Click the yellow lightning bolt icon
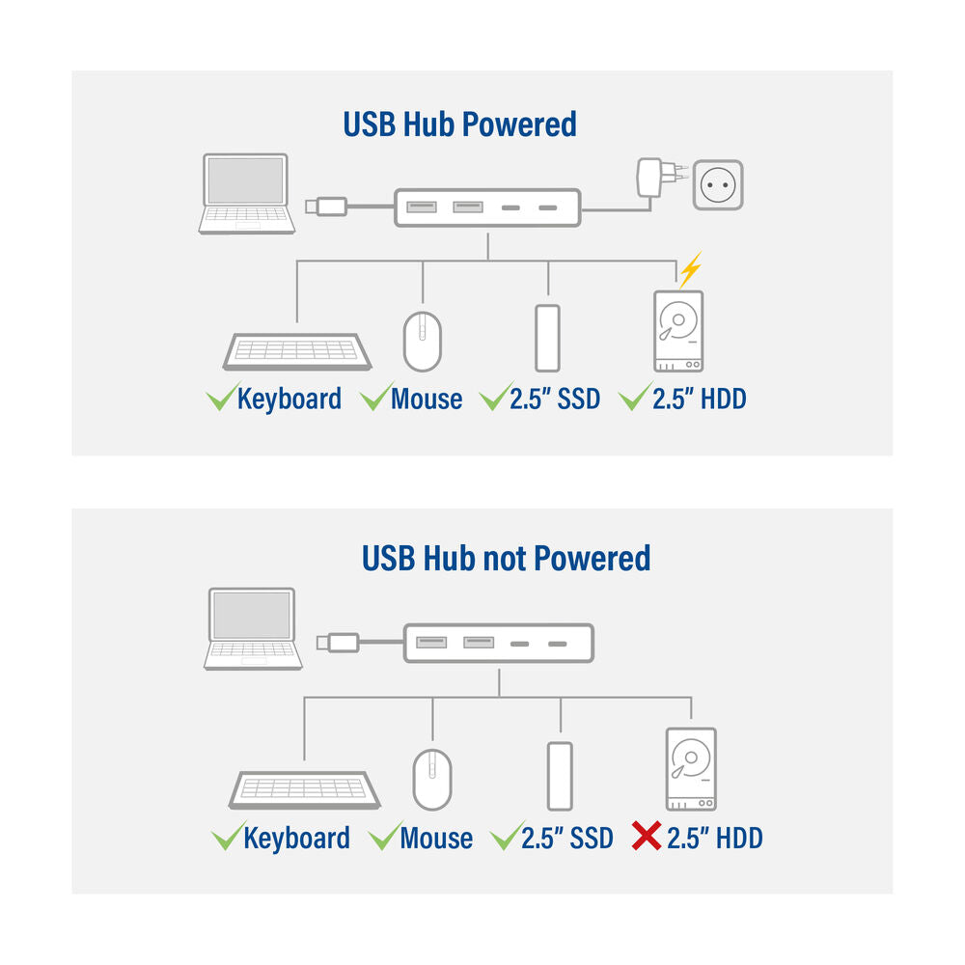(689, 270)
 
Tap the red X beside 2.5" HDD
(646, 837)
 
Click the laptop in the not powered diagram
(252, 629)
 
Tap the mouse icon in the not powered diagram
(432, 779)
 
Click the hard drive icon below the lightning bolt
(677, 332)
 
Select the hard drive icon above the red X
(691, 769)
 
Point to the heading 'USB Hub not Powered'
(506, 558)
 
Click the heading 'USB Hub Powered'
(459, 124)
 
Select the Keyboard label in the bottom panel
(296, 838)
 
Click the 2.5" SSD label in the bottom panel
(566, 838)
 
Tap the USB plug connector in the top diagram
(325, 206)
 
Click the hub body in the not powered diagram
(498, 643)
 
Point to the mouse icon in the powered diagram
(422, 341)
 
